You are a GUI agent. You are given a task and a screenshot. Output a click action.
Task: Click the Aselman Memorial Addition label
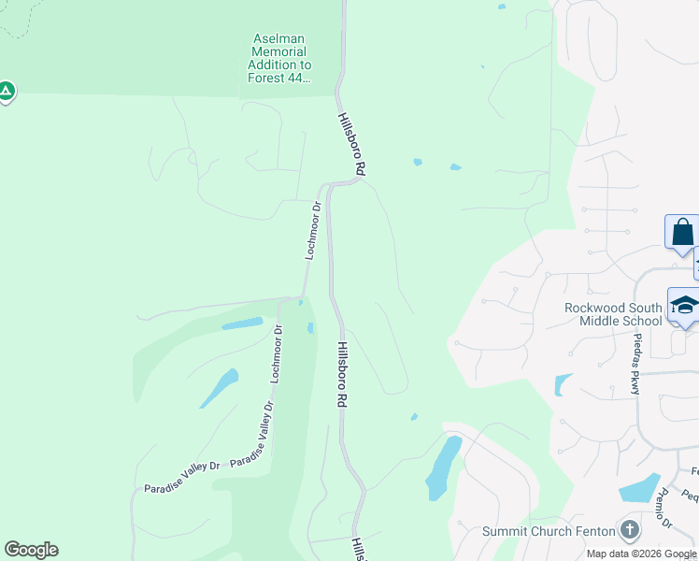point(279,58)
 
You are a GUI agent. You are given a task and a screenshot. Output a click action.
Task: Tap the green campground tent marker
point(6,92)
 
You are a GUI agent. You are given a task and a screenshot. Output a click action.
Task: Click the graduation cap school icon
point(684,307)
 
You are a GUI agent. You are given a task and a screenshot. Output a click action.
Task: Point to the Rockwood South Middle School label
point(613,314)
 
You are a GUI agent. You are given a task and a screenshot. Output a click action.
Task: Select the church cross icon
point(630,530)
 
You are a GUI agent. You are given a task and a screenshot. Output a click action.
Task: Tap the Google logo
point(31,550)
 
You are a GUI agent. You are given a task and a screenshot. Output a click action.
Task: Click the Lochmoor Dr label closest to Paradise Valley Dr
point(276,354)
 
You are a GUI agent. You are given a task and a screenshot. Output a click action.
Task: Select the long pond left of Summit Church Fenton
point(443,467)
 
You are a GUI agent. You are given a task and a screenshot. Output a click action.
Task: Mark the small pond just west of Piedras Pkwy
point(563,384)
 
